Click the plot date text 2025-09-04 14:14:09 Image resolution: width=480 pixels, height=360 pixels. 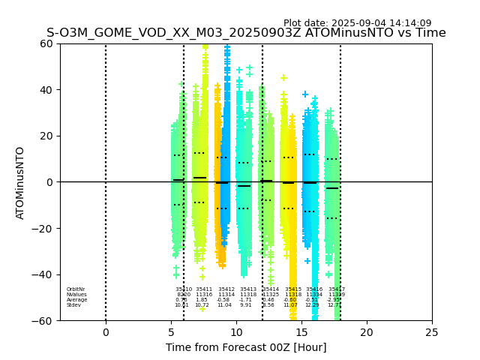[357, 23]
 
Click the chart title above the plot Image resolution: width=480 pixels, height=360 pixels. [246, 33]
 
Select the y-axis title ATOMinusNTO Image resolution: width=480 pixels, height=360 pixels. [20, 182]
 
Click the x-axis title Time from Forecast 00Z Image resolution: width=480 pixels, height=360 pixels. [246, 347]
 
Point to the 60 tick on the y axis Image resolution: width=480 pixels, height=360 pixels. [46, 43]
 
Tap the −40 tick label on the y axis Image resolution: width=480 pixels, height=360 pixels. [43, 274]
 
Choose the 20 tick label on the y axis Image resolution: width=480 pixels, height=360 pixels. [46, 136]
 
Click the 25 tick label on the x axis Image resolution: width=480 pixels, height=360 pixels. [432, 332]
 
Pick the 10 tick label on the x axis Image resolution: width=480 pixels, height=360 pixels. [236, 332]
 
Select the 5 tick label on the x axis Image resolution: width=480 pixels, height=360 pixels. [171, 332]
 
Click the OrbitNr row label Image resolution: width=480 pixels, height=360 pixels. [76, 289]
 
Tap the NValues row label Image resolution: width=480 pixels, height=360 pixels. [76, 295]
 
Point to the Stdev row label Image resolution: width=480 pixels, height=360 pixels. [73, 305]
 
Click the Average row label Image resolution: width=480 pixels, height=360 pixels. [76, 300]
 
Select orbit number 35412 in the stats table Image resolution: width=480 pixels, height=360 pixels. [226, 289]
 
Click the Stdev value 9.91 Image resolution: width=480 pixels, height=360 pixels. [246, 305]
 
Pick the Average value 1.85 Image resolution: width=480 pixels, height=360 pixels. [202, 300]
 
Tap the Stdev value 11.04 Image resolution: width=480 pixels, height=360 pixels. [224, 305]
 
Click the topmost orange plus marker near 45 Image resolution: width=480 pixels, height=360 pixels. [283, 77]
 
